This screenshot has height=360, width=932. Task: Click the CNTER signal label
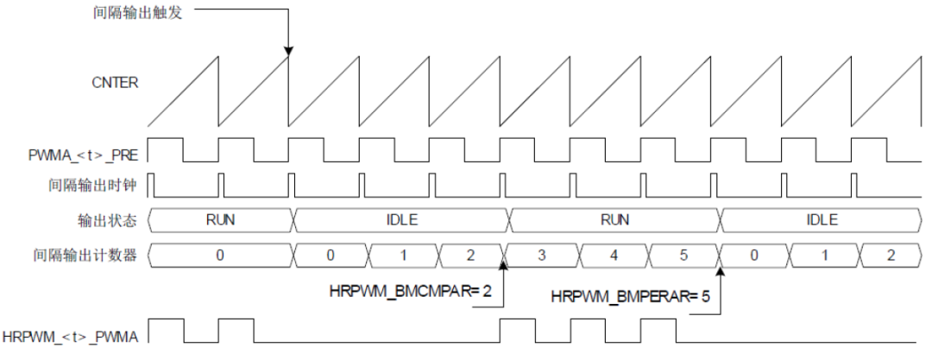(115, 84)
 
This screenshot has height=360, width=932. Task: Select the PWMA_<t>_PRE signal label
(83, 155)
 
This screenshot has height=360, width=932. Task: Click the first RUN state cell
(221, 219)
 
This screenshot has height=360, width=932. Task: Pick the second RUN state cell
(614, 219)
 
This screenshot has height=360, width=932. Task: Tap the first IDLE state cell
(402, 219)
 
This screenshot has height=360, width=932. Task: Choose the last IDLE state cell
(821, 219)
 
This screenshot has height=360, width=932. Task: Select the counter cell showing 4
(614, 255)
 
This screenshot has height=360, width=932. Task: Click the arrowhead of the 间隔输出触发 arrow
(289, 53)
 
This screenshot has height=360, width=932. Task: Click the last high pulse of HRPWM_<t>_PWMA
(658, 328)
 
